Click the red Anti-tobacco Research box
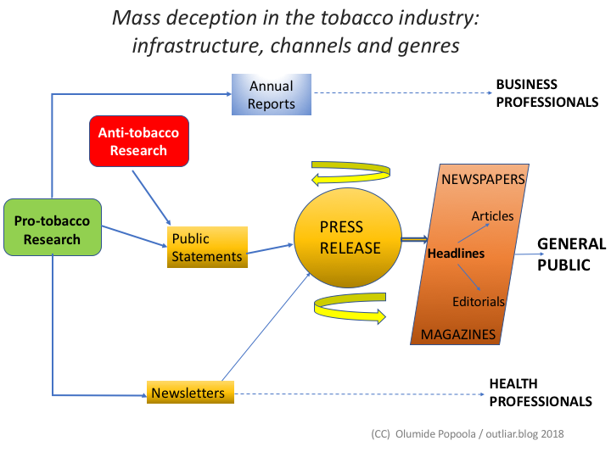point(139,141)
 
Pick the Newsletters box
point(188,393)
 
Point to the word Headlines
point(456,254)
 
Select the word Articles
point(492,216)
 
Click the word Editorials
point(478,302)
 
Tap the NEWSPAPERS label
point(484,179)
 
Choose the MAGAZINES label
point(458,334)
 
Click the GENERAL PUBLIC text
point(571,254)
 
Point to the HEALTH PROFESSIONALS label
point(540,393)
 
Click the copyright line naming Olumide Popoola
point(467,433)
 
